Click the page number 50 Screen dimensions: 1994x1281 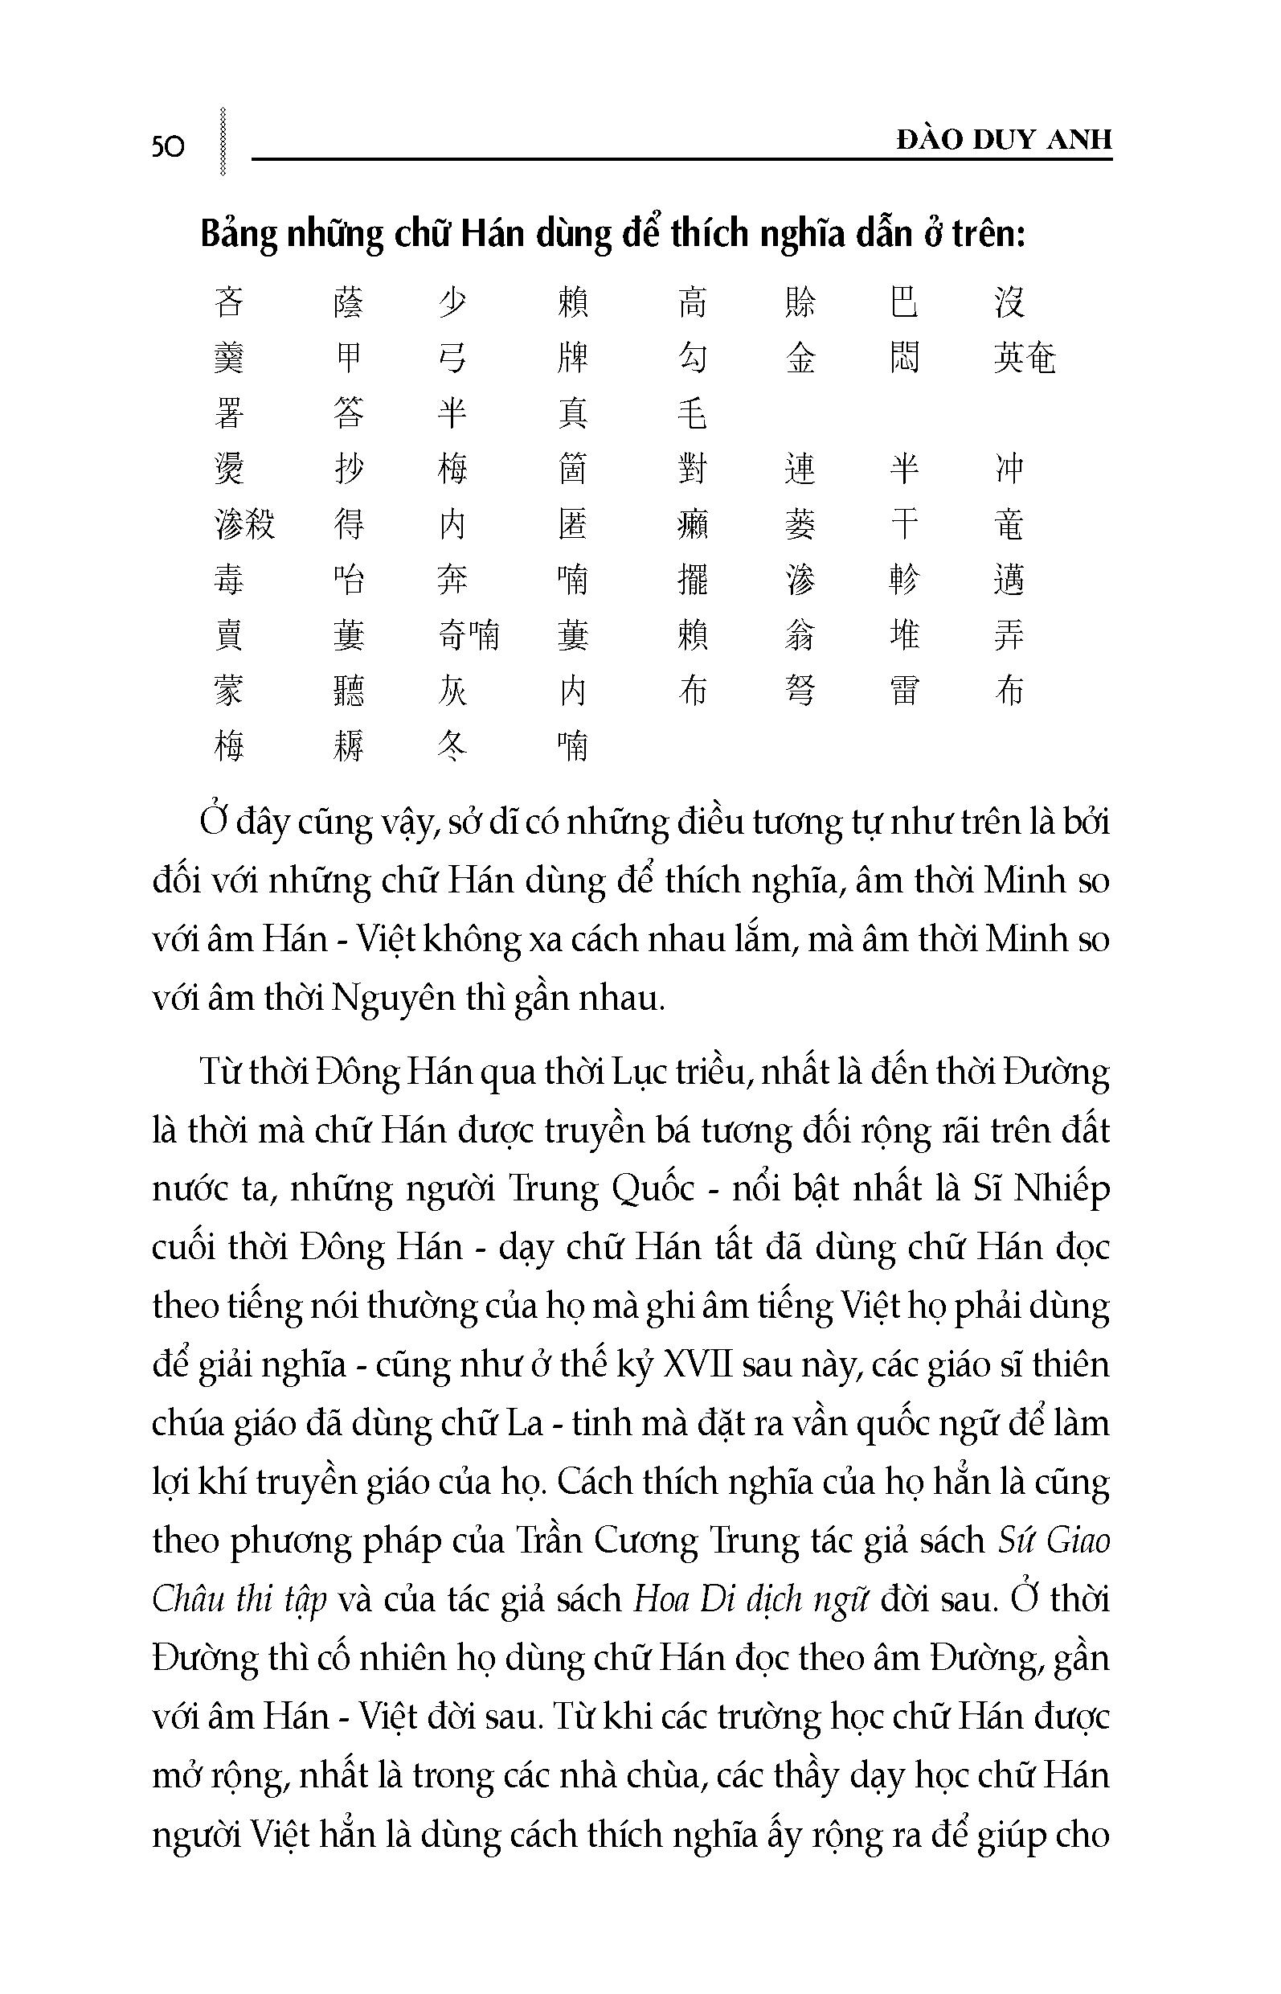[168, 146]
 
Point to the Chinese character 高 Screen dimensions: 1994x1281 [692, 302]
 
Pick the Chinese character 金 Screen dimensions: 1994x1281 [800, 358]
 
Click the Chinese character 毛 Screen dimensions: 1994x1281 [692, 413]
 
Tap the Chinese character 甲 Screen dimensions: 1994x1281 [349, 358]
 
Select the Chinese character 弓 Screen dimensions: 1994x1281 [452, 358]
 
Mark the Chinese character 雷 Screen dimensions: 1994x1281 [904, 691]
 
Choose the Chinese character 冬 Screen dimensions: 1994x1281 [452, 745]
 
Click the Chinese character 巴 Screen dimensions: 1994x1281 [904, 302]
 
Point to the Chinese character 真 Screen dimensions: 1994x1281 [572, 413]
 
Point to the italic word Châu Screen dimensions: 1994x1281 [189, 1599]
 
